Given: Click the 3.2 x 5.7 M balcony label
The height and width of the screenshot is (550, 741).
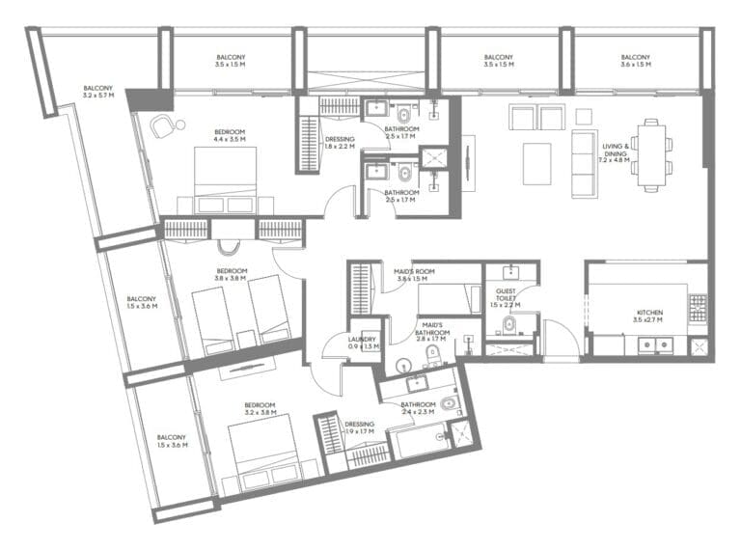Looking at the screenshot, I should [x=97, y=92].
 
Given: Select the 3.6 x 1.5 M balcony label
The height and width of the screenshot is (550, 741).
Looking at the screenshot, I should [x=634, y=61].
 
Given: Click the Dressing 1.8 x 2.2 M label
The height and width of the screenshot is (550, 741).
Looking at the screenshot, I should [x=339, y=143].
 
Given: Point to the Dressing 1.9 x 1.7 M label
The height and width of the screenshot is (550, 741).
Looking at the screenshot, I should [x=359, y=427].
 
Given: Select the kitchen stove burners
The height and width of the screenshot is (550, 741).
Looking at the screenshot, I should [x=698, y=308].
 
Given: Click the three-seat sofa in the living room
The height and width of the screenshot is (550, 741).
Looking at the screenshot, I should [x=584, y=163].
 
